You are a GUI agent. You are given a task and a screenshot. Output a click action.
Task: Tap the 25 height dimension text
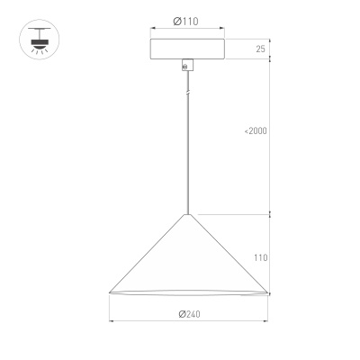(x=261, y=49)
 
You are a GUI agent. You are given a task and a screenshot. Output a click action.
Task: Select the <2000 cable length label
(x=255, y=131)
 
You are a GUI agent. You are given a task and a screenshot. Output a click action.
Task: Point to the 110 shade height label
(x=261, y=257)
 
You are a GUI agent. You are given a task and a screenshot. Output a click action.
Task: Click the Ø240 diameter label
(x=188, y=313)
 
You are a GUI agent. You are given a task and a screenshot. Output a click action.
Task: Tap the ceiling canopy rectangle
(x=187, y=49)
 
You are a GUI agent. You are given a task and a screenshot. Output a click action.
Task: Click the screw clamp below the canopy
(x=186, y=66)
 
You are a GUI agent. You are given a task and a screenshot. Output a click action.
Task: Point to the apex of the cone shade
(x=187, y=215)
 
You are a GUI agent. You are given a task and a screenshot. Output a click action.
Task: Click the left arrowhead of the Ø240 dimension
(x=111, y=321)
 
